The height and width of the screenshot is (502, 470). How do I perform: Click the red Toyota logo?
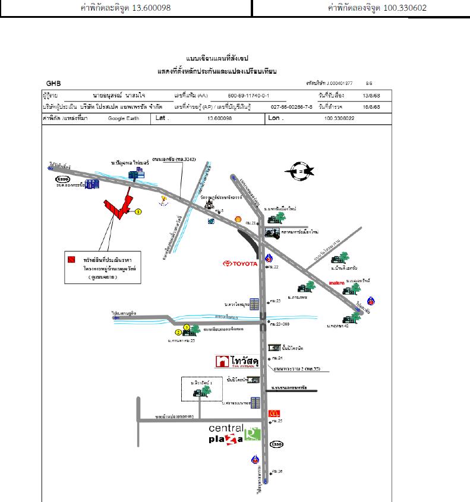pyautogui.click(x=240, y=264)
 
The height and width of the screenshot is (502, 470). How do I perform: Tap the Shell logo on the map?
pyautogui.click(x=238, y=219)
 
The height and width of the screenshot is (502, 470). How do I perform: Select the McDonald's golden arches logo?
pyautogui.click(x=274, y=413)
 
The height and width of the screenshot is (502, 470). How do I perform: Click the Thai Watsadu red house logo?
pyautogui.click(x=222, y=361)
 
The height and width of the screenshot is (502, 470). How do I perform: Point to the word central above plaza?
pyautogui.click(x=226, y=428)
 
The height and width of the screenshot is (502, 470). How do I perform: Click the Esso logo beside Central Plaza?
pyautogui.click(x=276, y=444)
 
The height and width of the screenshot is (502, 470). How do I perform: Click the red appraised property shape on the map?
pyautogui.click(x=118, y=208)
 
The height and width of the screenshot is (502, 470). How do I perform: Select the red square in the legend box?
pyautogui.click(x=71, y=260)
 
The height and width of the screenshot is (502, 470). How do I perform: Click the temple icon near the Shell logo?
pyautogui.click(x=209, y=203)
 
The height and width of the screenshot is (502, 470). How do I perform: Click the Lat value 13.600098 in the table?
pyautogui.click(x=219, y=118)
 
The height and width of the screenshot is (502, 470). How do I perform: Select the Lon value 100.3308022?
pyautogui.click(x=339, y=118)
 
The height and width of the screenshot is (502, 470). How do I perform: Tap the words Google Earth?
pyautogui.click(x=122, y=118)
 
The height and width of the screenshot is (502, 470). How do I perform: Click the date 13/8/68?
pyautogui.click(x=371, y=96)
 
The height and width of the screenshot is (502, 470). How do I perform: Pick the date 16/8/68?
pyautogui.click(x=371, y=107)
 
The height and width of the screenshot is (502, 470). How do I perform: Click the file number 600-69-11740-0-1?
pyautogui.click(x=248, y=96)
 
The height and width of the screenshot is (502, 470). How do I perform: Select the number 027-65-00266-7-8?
pyautogui.click(x=291, y=107)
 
